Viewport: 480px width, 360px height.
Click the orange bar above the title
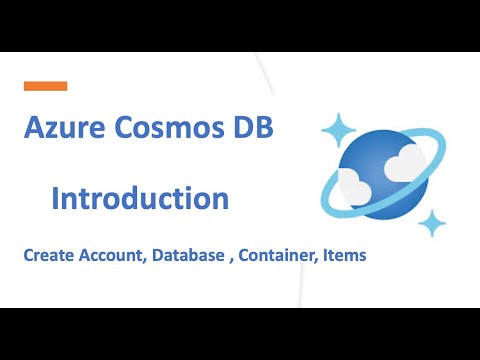pos(45,86)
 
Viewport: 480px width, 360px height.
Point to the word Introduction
pos(140,197)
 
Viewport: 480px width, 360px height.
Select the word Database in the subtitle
pos(194,255)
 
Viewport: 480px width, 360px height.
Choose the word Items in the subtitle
pos(346,255)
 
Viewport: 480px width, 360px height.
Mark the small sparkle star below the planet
pos(433,222)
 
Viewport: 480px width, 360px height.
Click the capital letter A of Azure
pos(34,129)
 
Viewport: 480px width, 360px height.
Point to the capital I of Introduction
pos(56,197)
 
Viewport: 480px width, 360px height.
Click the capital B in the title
pos(262,129)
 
